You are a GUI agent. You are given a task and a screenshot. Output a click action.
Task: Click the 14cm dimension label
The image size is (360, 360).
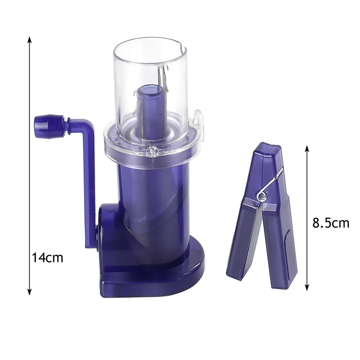coord(47,258)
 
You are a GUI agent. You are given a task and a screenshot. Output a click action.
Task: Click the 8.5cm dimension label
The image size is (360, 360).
coord(331,223)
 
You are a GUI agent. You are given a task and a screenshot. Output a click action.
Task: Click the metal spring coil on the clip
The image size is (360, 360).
coord(261,195)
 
